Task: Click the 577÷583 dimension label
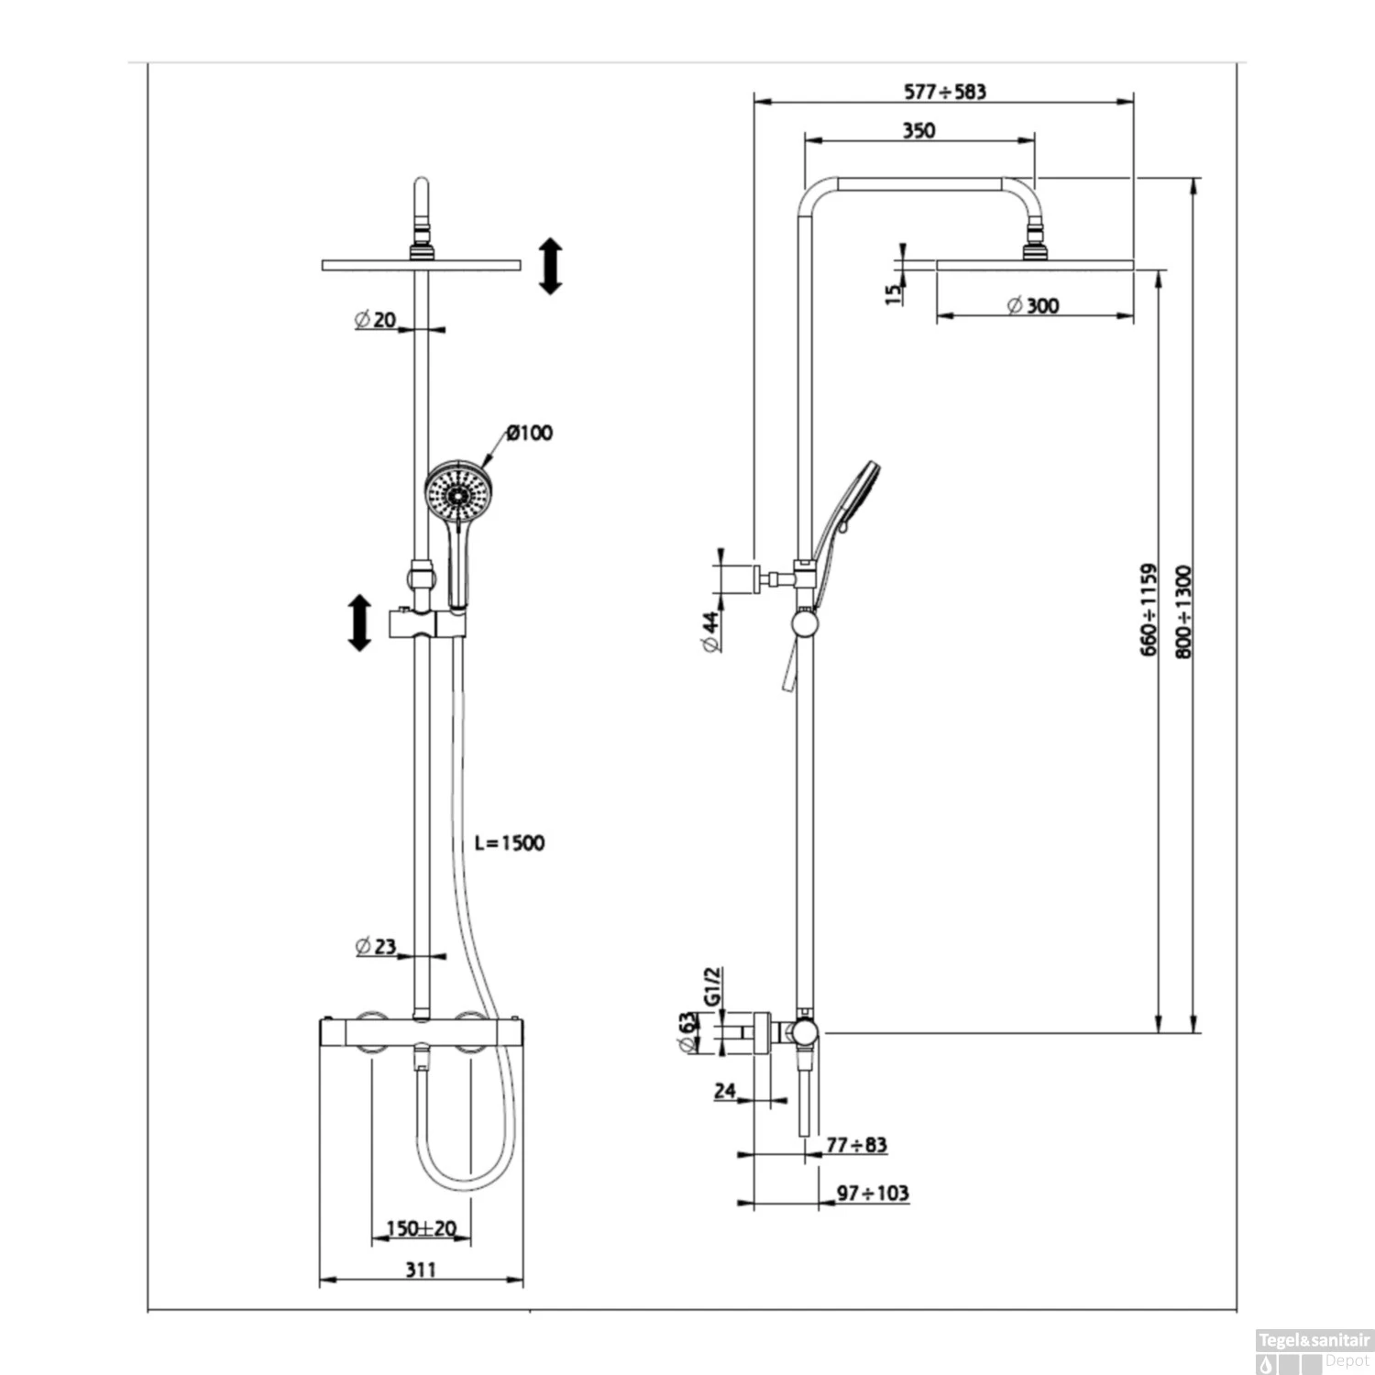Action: [945, 92]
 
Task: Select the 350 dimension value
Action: [918, 130]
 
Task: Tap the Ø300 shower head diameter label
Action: [1033, 305]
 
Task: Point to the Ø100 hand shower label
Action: [530, 433]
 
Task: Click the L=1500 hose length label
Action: [510, 842]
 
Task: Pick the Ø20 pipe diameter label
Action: [375, 319]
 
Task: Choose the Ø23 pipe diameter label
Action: [376, 945]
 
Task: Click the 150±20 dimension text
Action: [421, 1228]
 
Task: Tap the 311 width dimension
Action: [421, 1270]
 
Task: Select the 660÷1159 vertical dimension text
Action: [1149, 610]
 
